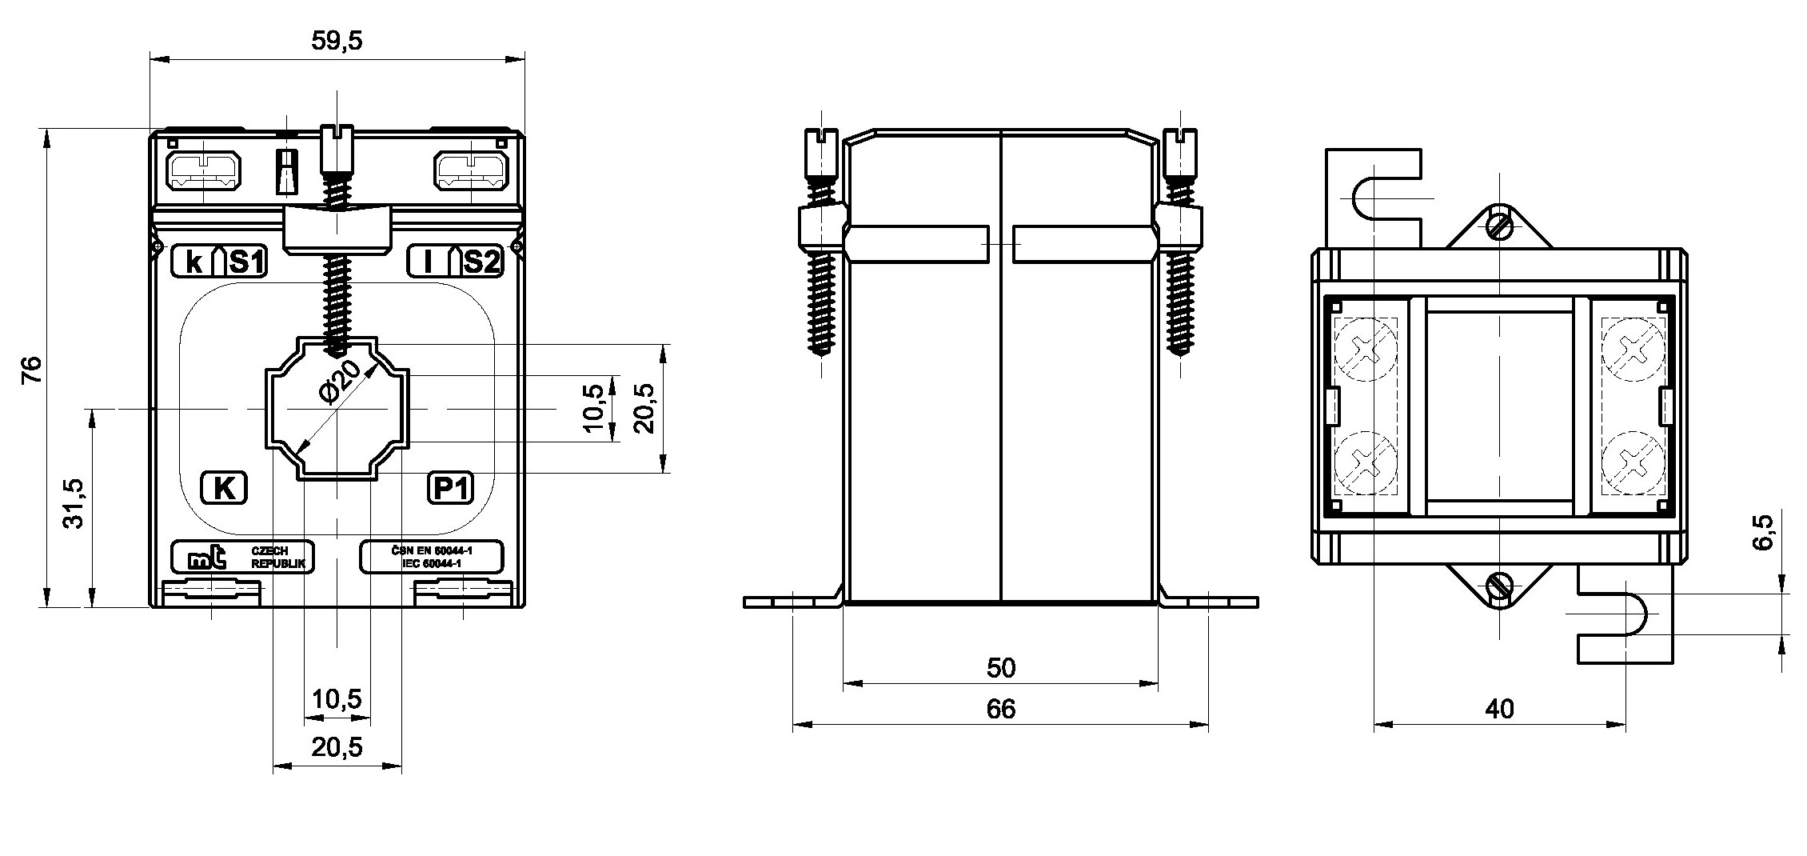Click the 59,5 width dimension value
click(x=337, y=41)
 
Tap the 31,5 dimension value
click(x=74, y=503)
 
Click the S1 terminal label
click(x=247, y=262)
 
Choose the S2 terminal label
click(x=482, y=262)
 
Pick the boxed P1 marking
click(x=451, y=487)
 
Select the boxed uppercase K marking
click(x=223, y=487)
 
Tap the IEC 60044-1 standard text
click(x=432, y=564)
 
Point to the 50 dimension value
click(x=1000, y=667)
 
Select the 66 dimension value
click(x=1000, y=709)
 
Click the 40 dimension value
click(x=1499, y=709)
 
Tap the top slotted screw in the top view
click(x=1499, y=226)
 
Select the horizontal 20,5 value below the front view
click(x=337, y=747)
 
